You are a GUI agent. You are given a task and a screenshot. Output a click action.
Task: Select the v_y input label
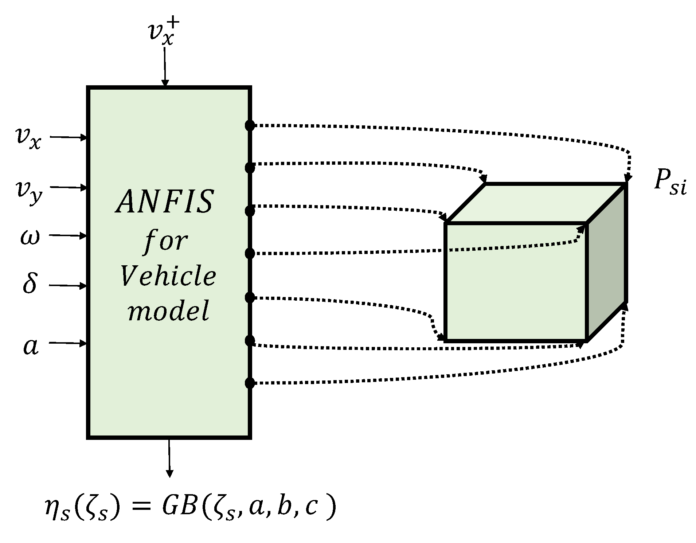point(28,191)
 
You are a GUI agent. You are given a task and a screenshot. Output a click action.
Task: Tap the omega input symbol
point(30,237)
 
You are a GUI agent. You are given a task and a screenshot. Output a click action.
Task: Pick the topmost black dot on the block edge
point(250,126)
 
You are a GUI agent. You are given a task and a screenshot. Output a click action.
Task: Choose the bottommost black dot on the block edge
point(250,383)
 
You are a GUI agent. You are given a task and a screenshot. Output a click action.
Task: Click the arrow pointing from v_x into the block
point(69,137)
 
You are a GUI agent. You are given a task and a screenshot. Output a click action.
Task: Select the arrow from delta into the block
point(68,286)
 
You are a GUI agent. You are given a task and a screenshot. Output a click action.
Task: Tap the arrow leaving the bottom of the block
point(169,457)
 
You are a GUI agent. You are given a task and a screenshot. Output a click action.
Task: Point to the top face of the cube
point(536,203)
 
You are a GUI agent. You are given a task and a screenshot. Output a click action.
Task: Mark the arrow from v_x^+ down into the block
point(165,67)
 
